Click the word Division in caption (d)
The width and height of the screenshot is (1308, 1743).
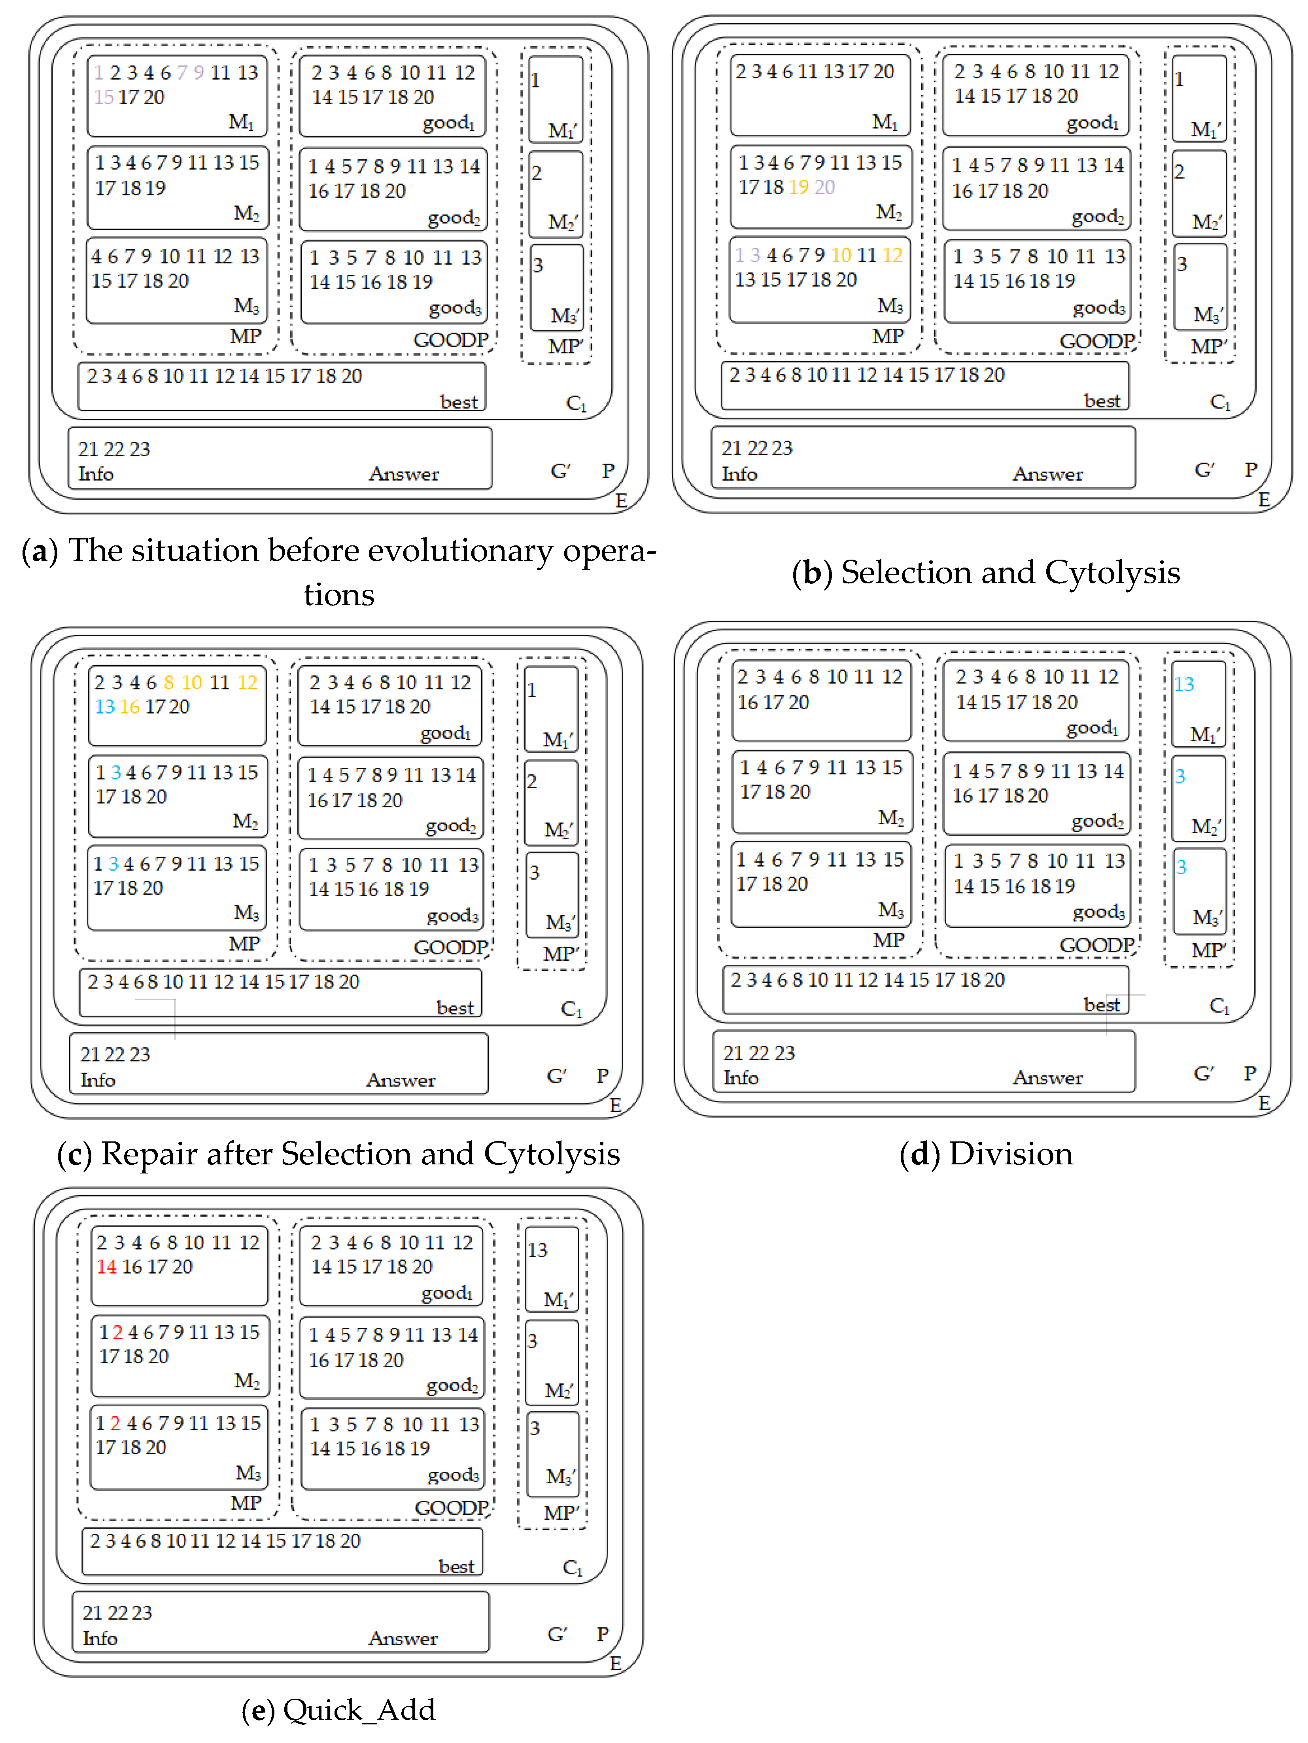tap(1011, 1154)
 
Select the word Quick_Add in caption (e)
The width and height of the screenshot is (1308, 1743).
tap(359, 1710)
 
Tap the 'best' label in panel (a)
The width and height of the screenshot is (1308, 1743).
tap(459, 402)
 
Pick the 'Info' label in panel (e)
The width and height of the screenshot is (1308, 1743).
tap(100, 1638)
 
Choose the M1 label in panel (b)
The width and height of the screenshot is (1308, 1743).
tap(885, 122)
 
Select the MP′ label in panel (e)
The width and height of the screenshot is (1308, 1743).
tap(561, 1513)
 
